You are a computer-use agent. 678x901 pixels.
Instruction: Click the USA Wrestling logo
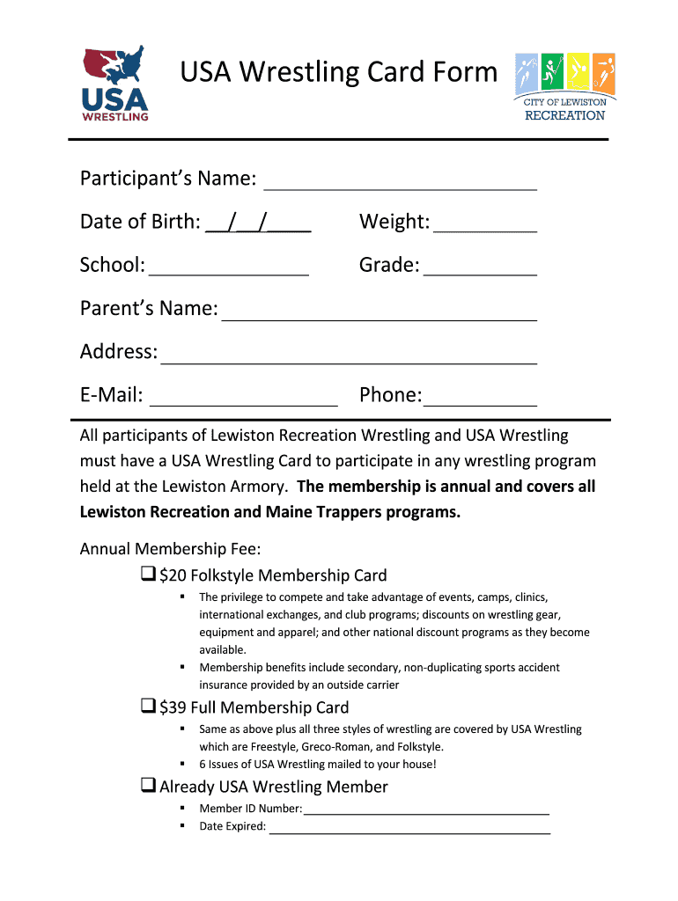coord(114,84)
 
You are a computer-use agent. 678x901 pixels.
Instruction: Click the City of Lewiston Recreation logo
coord(564,87)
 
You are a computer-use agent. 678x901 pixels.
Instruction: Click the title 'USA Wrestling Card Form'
coord(339,72)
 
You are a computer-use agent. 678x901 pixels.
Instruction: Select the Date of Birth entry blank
coord(258,224)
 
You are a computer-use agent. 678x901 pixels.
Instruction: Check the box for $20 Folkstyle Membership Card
coord(148,575)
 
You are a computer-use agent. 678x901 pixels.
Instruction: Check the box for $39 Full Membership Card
coord(148,707)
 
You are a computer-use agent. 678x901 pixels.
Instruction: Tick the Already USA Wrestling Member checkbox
coord(148,786)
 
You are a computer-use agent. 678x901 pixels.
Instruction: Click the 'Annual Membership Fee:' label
coord(170,549)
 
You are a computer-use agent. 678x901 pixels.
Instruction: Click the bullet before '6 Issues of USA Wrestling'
coord(181,764)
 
